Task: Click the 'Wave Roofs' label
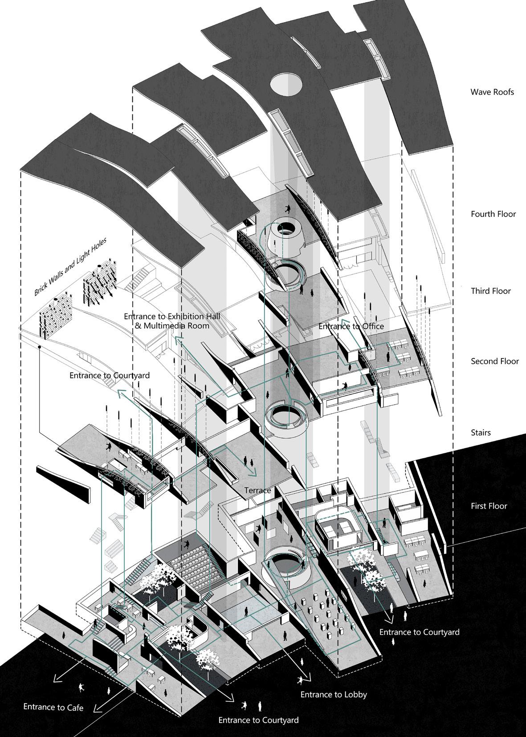tap(492, 92)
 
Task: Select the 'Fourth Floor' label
tap(493, 214)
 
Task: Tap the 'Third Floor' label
tap(491, 291)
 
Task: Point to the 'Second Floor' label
tap(495, 361)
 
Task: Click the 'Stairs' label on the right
tap(481, 432)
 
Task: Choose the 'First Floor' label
tap(489, 506)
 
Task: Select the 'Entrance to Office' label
tap(351, 326)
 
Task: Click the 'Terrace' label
tap(257, 490)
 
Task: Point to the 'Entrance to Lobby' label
tap(334, 694)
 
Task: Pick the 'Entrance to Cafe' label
tap(53, 707)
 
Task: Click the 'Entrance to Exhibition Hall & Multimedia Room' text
tap(172, 321)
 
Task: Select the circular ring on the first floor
tap(285, 563)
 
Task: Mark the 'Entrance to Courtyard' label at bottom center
tap(258, 720)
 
